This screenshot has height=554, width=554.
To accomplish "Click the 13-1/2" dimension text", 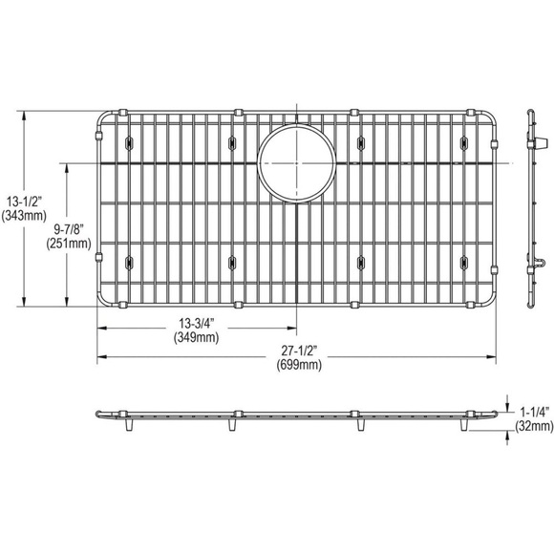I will tap(24, 202).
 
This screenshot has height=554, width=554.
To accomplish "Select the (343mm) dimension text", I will tap(24, 216).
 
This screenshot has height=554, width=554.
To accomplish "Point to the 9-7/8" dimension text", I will tap(69, 229).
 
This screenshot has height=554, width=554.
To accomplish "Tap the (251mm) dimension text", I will tap(69, 244).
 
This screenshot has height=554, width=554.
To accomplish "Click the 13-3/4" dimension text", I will tap(194, 323).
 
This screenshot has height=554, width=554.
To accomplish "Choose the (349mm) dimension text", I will tap(194, 337).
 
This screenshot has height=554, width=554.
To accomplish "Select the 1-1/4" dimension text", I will tap(532, 407).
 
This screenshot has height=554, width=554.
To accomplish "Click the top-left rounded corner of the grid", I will tap(102, 120).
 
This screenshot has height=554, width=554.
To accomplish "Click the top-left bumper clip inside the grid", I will tap(129, 142).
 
